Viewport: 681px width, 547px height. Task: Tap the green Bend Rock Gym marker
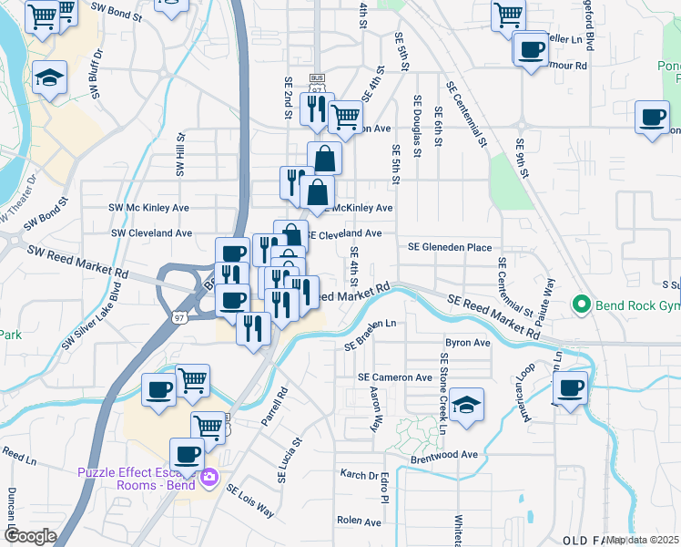coord(579,304)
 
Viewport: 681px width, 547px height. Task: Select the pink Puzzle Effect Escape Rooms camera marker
coord(210,476)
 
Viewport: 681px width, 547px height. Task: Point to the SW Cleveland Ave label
coord(151,232)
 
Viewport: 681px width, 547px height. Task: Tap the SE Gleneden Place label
coord(450,247)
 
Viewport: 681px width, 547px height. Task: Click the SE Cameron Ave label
coord(395,377)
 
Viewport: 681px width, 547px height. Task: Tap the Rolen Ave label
coord(358,520)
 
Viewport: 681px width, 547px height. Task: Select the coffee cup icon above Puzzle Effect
coord(188,452)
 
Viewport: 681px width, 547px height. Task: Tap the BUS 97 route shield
coord(317,84)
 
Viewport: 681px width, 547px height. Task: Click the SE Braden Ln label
coord(371,335)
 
